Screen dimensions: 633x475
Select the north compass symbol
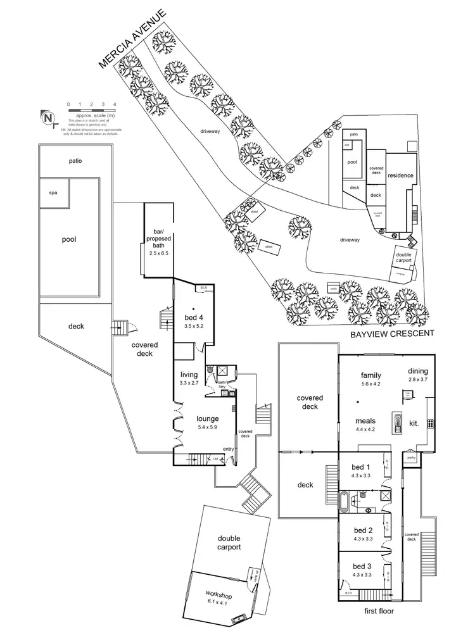(48, 118)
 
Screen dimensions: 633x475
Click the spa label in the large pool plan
(53, 192)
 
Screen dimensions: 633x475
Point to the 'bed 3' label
(362, 566)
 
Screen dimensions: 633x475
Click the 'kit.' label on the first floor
(414, 422)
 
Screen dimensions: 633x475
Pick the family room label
(371, 374)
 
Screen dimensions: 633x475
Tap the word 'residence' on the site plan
(400, 175)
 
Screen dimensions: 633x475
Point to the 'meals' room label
(365, 420)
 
